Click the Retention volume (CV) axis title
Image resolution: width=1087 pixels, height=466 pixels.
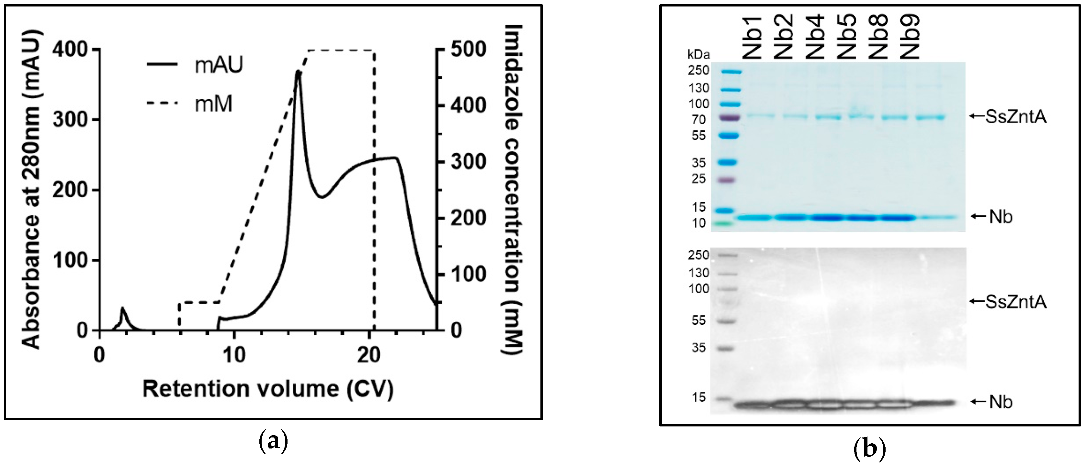268,389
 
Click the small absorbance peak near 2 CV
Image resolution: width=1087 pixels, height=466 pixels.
122,309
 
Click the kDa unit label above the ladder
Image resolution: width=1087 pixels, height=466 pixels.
698,55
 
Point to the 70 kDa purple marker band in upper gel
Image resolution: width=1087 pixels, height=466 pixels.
730,117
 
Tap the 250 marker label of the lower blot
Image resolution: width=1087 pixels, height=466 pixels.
698,255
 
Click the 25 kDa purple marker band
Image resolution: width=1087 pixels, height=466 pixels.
730,180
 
